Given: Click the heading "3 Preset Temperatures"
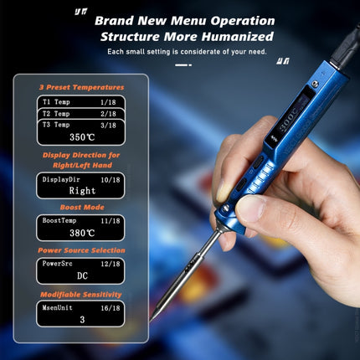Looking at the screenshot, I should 82,87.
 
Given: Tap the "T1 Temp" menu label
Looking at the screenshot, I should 57,101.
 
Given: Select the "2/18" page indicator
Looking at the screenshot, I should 108,113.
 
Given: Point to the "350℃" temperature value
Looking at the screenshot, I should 82,136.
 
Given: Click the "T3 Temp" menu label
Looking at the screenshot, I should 57,124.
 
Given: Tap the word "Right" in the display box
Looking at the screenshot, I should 82,190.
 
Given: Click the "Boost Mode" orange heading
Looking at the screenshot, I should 82,207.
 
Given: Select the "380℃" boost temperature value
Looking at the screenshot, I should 82,234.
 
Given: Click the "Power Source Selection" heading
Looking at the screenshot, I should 82,250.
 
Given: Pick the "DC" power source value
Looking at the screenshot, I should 82,275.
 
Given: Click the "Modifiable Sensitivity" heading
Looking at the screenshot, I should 82,295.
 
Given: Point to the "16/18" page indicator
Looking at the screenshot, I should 107,307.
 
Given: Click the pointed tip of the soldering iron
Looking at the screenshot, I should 153,316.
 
